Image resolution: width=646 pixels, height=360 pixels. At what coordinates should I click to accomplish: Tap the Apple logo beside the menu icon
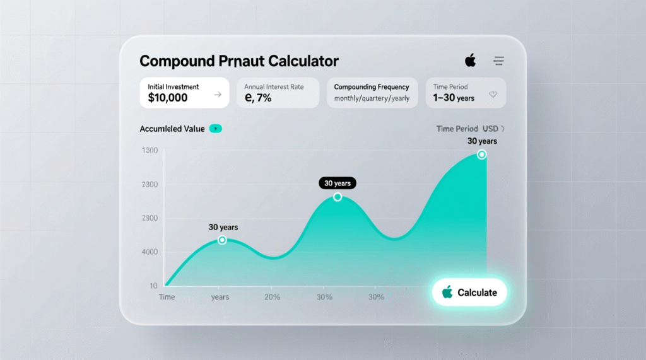pos(470,61)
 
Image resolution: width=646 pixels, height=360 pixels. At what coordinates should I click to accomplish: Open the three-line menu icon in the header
pos(498,61)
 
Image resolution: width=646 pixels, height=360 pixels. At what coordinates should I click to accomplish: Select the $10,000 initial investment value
pos(168,98)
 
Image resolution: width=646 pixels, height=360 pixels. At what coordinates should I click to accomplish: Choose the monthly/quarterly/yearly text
pos(372,98)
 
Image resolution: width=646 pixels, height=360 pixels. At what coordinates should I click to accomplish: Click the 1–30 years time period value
pos(454,98)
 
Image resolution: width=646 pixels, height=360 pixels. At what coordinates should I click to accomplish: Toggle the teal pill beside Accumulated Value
pos(215,129)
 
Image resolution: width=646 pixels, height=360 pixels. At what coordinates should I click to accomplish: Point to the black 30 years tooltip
pos(338,183)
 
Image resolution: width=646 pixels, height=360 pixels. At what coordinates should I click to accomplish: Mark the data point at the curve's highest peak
pos(482,154)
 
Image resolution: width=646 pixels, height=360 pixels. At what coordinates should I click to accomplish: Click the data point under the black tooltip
pos(338,197)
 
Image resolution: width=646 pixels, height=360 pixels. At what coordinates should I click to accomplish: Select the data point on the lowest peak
pos(222,240)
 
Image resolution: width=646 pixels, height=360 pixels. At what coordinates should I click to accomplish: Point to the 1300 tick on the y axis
pos(150,151)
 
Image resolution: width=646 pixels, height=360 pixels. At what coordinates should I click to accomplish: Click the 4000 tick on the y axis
pos(150,252)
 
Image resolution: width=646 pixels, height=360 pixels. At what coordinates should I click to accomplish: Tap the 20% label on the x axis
pos(273,297)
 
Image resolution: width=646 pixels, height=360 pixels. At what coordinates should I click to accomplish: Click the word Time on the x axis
pos(167,297)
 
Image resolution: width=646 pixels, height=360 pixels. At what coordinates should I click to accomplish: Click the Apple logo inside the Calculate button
pos(447,292)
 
